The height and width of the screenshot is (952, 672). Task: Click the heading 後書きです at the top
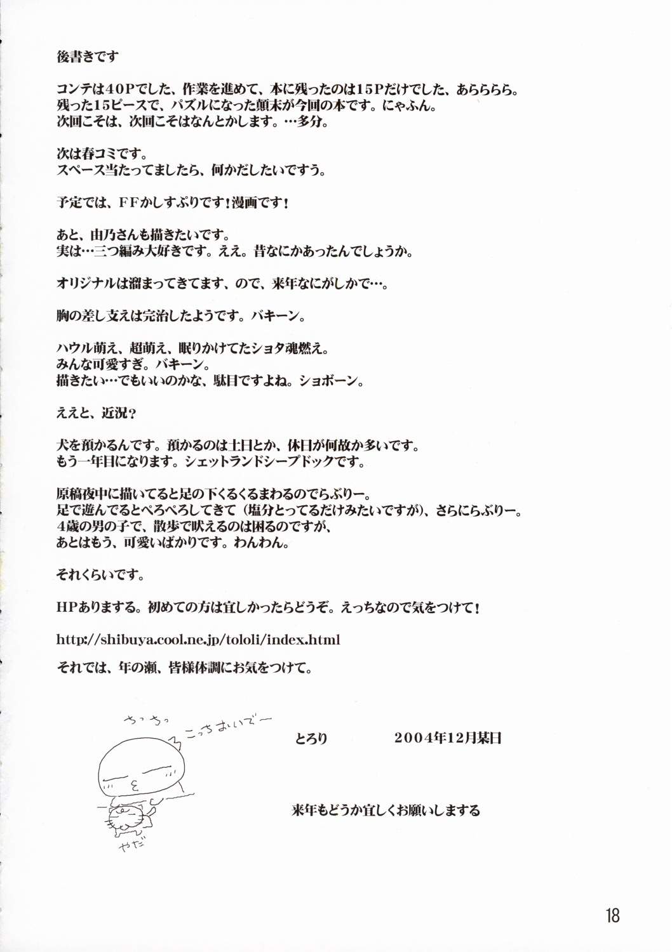[87, 56]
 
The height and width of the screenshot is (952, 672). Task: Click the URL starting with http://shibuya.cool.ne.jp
[198, 639]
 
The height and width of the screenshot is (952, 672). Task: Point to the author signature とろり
[311, 738]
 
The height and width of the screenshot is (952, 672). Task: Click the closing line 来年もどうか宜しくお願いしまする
[386, 810]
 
